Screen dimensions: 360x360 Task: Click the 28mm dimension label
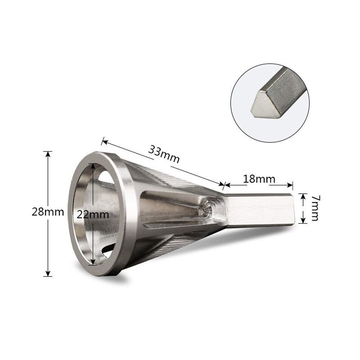pyautogui.click(x=48, y=211)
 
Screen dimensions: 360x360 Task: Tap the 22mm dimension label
pyautogui.click(x=93, y=215)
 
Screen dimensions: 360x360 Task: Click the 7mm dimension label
pyautogui.click(x=314, y=207)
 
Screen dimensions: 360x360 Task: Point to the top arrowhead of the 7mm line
pyautogui.click(x=303, y=192)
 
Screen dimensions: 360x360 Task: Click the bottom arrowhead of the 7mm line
pyautogui.click(x=303, y=222)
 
